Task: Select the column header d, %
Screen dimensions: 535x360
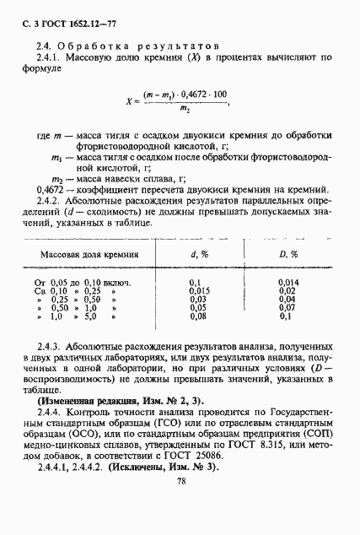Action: tap(200, 254)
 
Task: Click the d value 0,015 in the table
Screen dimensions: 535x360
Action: tap(197, 291)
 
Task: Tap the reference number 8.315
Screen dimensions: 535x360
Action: tap(287, 445)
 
